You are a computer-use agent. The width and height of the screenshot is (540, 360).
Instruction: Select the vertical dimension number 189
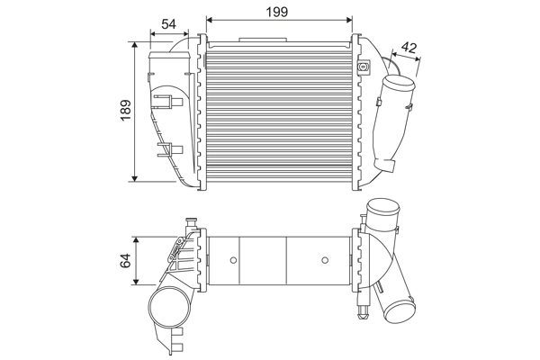tap(127, 110)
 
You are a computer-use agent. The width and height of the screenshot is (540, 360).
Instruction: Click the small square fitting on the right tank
tap(364, 67)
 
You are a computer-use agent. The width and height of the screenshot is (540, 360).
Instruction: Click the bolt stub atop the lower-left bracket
tap(190, 221)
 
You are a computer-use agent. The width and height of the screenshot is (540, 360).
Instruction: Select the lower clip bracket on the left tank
tap(165, 146)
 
